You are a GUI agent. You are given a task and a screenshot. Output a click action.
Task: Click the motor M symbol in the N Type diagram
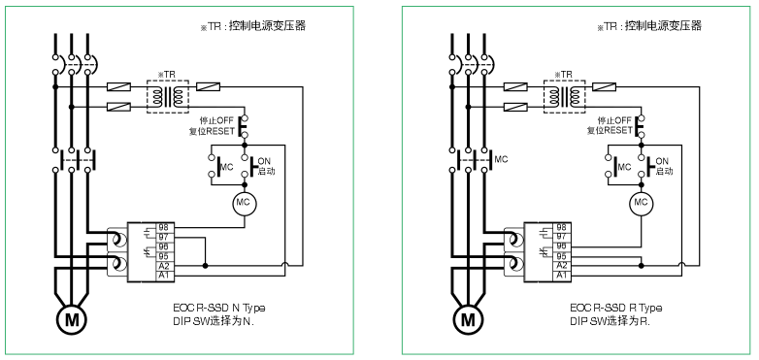point(71,320)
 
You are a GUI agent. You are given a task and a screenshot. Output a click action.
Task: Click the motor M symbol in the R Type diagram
point(468,320)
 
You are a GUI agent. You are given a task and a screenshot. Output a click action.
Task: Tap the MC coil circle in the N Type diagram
point(244,203)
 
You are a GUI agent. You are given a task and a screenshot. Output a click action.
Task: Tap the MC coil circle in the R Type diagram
point(641,203)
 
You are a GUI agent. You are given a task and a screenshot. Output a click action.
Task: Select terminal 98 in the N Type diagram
point(165,227)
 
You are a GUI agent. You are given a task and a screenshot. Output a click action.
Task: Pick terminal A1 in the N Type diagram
point(165,276)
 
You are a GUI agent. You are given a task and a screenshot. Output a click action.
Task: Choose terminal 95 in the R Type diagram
point(562,256)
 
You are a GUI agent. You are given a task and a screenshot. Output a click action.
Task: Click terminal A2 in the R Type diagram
point(562,266)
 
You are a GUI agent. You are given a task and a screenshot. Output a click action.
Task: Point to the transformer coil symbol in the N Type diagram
point(168,97)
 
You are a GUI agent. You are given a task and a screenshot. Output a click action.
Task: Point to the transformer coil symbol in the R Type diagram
point(565,97)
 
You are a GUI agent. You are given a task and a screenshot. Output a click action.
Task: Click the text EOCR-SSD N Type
point(218,308)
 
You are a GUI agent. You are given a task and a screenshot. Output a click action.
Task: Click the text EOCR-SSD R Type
point(615,308)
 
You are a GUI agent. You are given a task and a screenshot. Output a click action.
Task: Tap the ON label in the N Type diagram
point(264,162)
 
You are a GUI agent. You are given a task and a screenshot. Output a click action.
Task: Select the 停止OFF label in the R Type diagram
point(614,120)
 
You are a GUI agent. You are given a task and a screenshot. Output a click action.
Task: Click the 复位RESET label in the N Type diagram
point(212,131)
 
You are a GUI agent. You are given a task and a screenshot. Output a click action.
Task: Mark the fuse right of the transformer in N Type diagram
point(208,87)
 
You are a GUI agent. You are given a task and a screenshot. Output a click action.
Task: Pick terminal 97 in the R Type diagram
point(562,237)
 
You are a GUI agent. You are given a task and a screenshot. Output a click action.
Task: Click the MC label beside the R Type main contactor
point(501,159)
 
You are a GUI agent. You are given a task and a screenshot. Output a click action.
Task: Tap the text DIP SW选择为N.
point(214,321)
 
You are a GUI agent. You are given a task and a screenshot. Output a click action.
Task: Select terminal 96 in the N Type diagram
point(165,246)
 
